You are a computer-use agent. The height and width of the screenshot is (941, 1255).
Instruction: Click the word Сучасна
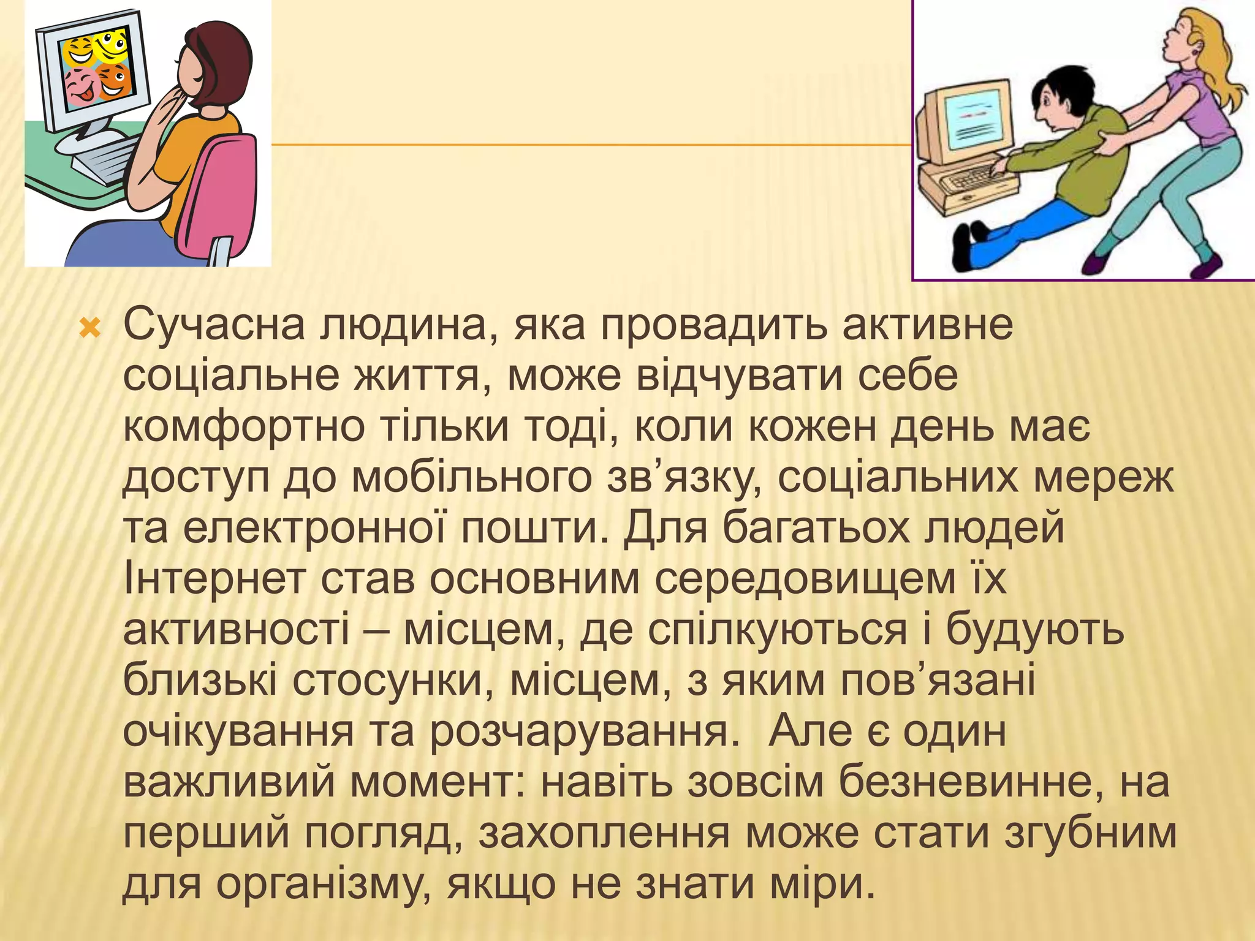pos(213,325)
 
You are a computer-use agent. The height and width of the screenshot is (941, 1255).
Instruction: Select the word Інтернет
pos(214,578)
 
